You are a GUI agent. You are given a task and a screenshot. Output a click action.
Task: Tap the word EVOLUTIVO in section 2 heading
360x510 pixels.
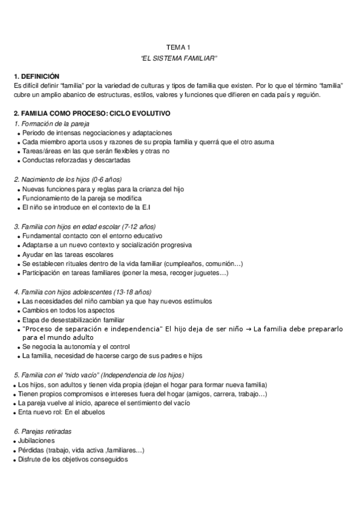pos(148,113)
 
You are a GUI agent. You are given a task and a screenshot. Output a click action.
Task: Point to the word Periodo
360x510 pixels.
pos(34,132)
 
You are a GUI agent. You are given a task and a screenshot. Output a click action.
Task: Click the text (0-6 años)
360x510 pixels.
pos(103,179)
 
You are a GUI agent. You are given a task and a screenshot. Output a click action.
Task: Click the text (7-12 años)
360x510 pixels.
pos(138,227)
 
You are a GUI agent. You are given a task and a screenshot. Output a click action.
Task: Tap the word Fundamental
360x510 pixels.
pos(41,236)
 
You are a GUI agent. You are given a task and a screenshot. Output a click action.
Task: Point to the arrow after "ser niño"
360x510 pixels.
pos(248,329)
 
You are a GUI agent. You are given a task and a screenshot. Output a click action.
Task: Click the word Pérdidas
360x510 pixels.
pos(32,450)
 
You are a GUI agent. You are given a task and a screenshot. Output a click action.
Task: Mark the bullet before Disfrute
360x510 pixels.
pos(14,460)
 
